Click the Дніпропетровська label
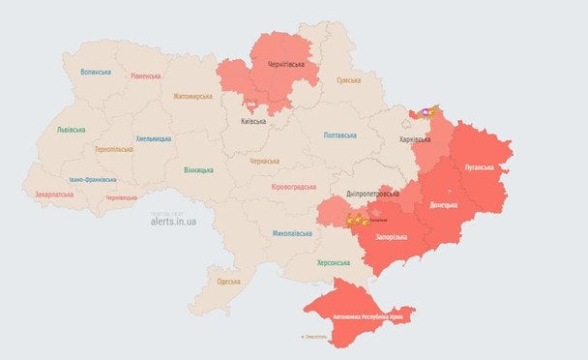(371, 194)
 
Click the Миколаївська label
(291, 233)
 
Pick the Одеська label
(228, 281)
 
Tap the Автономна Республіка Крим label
(373, 316)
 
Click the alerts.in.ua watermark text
(174, 221)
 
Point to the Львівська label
(71, 129)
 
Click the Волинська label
(96, 72)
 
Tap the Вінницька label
(198, 170)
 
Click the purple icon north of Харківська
(424, 112)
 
